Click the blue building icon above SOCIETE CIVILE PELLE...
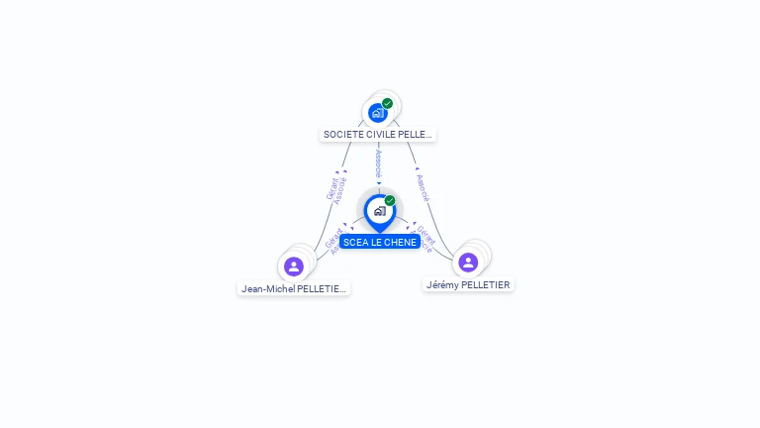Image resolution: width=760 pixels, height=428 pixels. pyautogui.click(x=377, y=113)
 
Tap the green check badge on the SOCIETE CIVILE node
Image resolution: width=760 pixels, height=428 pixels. pyautogui.click(x=387, y=103)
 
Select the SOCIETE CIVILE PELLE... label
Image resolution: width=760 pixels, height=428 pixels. pyautogui.click(x=377, y=134)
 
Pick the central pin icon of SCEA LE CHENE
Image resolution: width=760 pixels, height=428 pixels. pyautogui.click(x=379, y=211)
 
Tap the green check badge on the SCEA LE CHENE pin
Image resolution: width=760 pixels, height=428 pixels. pyautogui.click(x=390, y=201)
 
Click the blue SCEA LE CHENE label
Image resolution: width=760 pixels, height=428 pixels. pyautogui.click(x=380, y=242)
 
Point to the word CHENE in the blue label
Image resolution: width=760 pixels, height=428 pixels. pyautogui.click(x=400, y=242)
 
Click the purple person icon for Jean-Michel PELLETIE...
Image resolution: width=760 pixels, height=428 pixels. pyautogui.click(x=293, y=267)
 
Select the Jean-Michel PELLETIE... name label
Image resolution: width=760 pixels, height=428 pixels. pyautogui.click(x=294, y=289)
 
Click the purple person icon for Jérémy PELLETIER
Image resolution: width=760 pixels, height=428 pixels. pyautogui.click(x=468, y=262)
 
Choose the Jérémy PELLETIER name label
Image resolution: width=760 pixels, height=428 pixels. pyautogui.click(x=468, y=284)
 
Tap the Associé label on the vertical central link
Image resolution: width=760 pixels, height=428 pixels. pyautogui.click(x=378, y=163)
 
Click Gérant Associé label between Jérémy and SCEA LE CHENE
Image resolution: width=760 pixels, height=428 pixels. pyautogui.click(x=424, y=239)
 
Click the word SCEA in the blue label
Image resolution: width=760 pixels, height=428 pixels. pyautogui.click(x=354, y=242)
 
